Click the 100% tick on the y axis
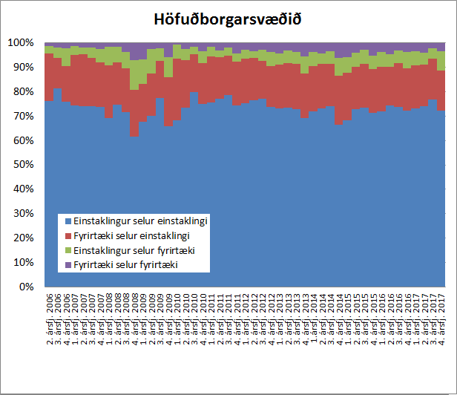[21, 43]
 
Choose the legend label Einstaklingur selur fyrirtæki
[132, 250]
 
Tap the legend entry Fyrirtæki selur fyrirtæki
[125, 264]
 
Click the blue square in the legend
[68, 221]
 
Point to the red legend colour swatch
[68, 235]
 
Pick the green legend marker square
[68, 250]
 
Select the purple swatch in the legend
[68, 264]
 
